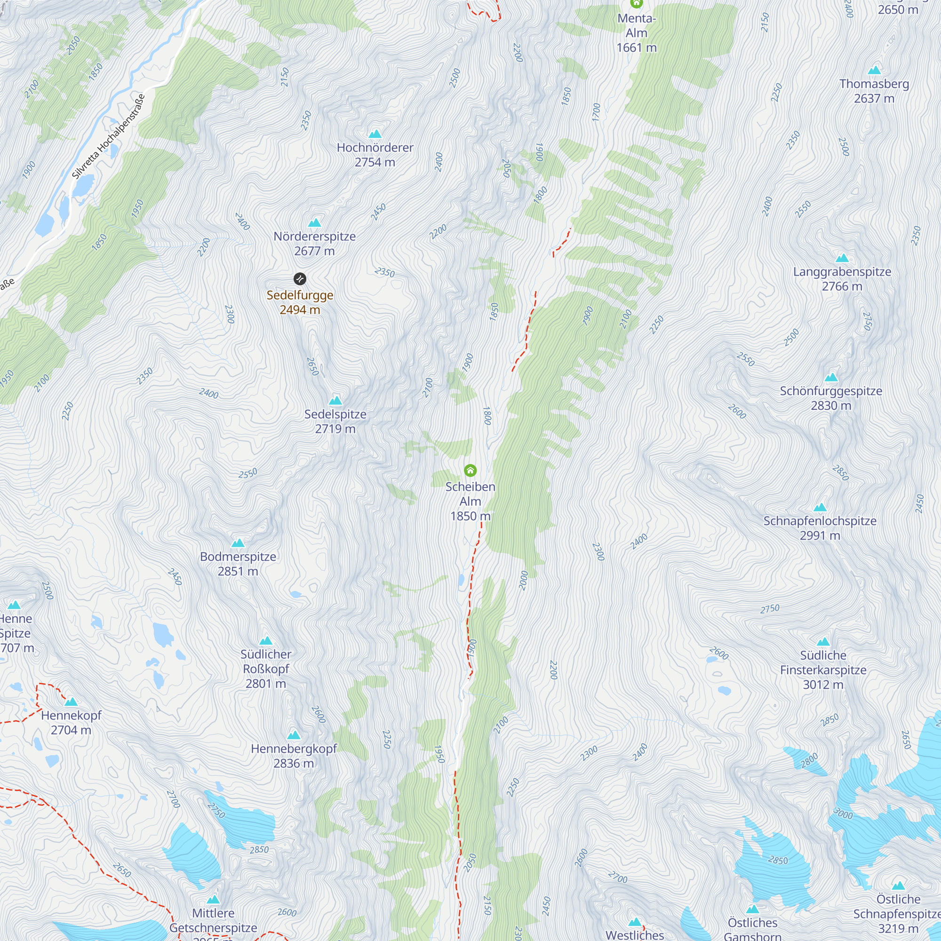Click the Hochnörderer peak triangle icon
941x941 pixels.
pyautogui.click(x=375, y=134)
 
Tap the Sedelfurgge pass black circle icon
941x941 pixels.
pyautogui.click(x=300, y=279)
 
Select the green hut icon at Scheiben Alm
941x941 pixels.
pyautogui.click(x=470, y=470)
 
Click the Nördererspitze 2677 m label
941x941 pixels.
pyautogui.click(x=314, y=244)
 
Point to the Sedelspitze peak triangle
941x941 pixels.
pyautogui.click(x=335, y=401)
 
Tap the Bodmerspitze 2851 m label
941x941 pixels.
pyautogui.click(x=238, y=564)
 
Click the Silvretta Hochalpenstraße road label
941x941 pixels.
pyautogui.click(x=108, y=136)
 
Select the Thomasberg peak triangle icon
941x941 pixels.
pyautogui.click(x=874, y=70)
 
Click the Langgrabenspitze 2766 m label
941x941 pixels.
pyautogui.click(x=842, y=279)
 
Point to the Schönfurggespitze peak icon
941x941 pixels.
pyautogui.click(x=831, y=377)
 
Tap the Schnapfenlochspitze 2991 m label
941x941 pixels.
pyautogui.click(x=820, y=528)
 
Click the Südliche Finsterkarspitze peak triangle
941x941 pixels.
pyautogui.click(x=822, y=642)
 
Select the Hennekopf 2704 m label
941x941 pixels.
pyautogui.click(x=71, y=722)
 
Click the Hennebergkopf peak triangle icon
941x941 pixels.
pyautogui.click(x=293, y=735)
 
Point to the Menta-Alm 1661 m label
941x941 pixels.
pyautogui.click(x=636, y=33)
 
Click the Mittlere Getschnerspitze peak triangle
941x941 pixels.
pyautogui.click(x=213, y=900)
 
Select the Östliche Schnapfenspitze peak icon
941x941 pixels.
pyautogui.click(x=898, y=885)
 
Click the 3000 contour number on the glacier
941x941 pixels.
pyautogui.click(x=843, y=813)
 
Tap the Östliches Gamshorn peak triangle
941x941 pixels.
pyautogui.click(x=752, y=909)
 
